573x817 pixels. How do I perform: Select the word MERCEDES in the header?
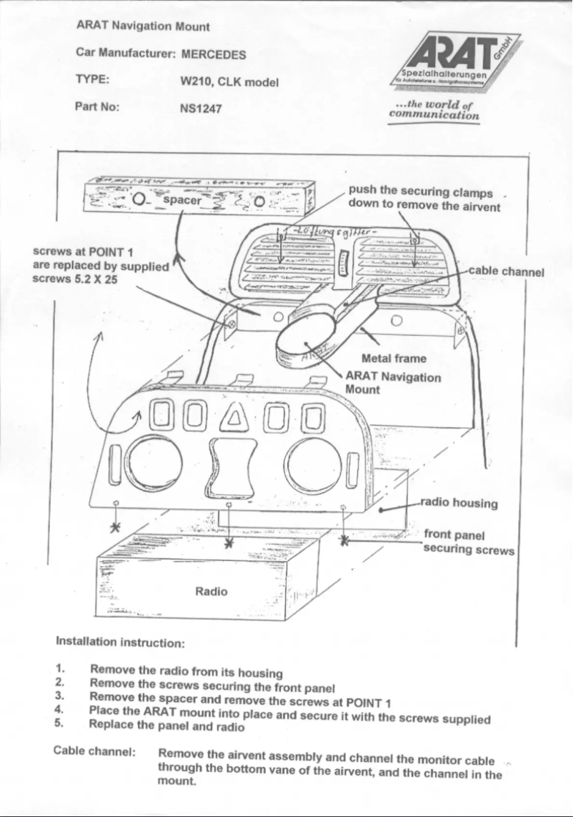click(x=214, y=54)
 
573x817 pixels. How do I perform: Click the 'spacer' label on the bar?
click(x=183, y=201)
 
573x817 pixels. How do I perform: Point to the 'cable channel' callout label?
click(x=507, y=271)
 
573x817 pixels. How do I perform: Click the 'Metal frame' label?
click(x=394, y=359)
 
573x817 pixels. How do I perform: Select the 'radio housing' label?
click(x=459, y=503)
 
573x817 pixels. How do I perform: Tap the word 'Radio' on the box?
click(x=211, y=591)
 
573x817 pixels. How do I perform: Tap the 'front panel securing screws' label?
click(x=468, y=543)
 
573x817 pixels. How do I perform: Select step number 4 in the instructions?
click(x=60, y=711)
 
